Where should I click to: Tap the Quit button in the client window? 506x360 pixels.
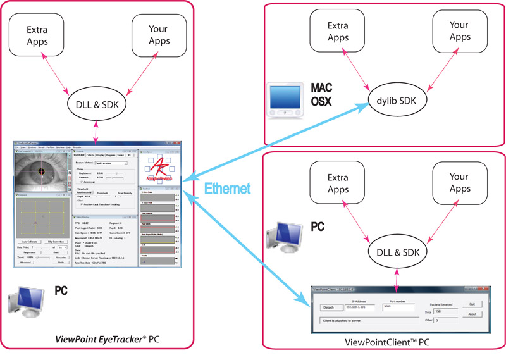coord(471,304)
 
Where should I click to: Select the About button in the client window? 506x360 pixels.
coord(471,314)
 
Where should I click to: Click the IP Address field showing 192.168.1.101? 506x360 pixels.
coord(358,308)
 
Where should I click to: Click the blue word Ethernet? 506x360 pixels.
coord(227,188)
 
